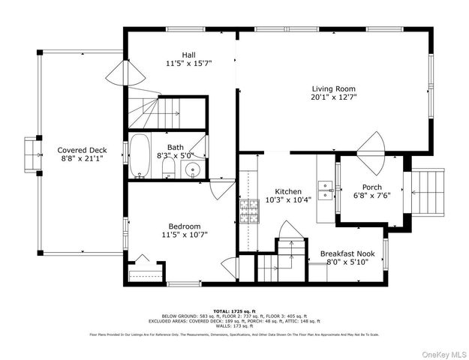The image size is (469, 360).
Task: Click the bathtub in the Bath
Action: pyautogui.click(x=140, y=156)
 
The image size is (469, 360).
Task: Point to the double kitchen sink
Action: pyautogui.click(x=326, y=188)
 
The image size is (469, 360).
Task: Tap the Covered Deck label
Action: pyautogui.click(x=82, y=150)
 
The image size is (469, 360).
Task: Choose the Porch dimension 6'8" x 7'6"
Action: pyautogui.click(x=372, y=196)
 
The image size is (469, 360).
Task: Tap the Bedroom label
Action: pyautogui.click(x=184, y=226)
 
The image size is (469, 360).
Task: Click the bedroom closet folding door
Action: pyautogui.click(x=143, y=262)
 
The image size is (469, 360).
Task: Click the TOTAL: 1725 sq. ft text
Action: pyautogui.click(x=234, y=310)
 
